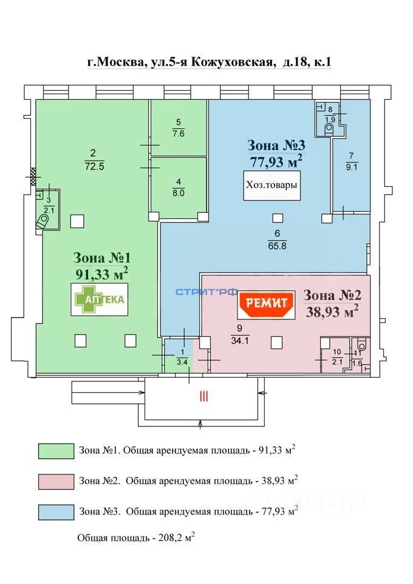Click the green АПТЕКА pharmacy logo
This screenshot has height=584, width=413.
point(100,299)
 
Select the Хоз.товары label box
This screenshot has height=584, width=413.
point(272,186)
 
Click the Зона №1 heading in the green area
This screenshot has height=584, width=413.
point(100,257)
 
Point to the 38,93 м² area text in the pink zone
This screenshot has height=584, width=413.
point(332,312)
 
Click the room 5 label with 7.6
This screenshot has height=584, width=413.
point(178,127)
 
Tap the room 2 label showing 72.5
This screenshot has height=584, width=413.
point(93,159)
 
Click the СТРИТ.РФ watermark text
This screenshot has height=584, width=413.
point(206,293)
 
